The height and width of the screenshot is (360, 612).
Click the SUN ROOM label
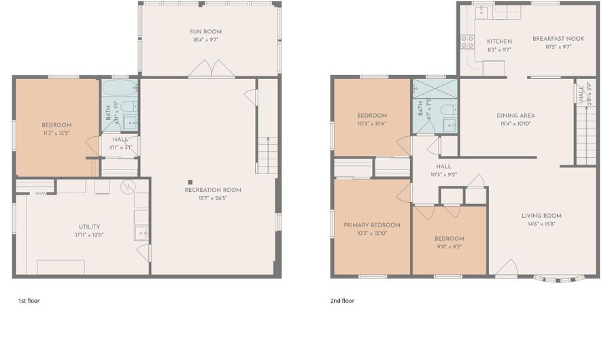pyautogui.click(x=205, y=31)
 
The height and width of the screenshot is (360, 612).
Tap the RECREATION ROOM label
pyautogui.click(x=212, y=190)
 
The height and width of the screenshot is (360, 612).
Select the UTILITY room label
pyautogui.click(x=89, y=227)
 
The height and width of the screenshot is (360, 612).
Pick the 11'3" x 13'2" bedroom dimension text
pyautogui.click(x=56, y=133)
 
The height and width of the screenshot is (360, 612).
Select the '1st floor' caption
pyautogui.click(x=29, y=300)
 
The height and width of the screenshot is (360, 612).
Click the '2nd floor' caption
pyautogui.click(x=343, y=300)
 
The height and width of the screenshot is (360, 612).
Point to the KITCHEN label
pyautogui.click(x=498, y=41)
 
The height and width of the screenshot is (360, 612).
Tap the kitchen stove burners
pyautogui.click(x=467, y=42)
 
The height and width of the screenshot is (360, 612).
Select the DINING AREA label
pyautogui.click(x=515, y=115)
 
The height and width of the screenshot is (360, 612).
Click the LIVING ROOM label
pyautogui.click(x=541, y=216)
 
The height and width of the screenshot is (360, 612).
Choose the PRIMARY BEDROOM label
pyautogui.click(x=371, y=225)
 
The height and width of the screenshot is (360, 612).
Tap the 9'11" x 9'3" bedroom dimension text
pyautogui.click(x=449, y=247)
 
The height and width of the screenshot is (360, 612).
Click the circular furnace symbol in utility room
pyautogui.click(x=128, y=186)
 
